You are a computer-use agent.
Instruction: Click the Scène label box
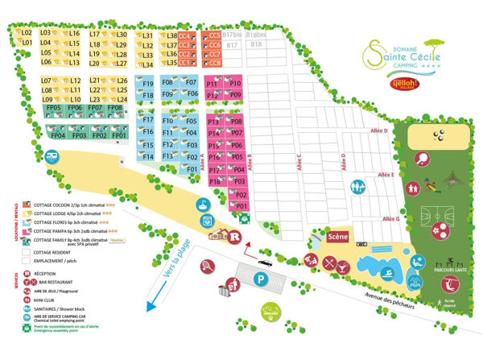coord(336,238)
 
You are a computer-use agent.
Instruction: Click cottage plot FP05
coord(55,107)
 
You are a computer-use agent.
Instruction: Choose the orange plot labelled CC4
coord(184,35)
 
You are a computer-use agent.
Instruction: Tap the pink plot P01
coord(241,206)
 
